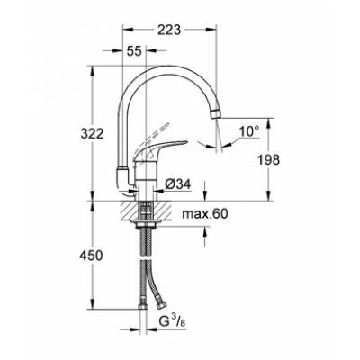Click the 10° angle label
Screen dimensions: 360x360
pyautogui.click(x=248, y=131)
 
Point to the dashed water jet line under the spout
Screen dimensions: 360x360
pyautogui.click(x=214, y=135)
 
